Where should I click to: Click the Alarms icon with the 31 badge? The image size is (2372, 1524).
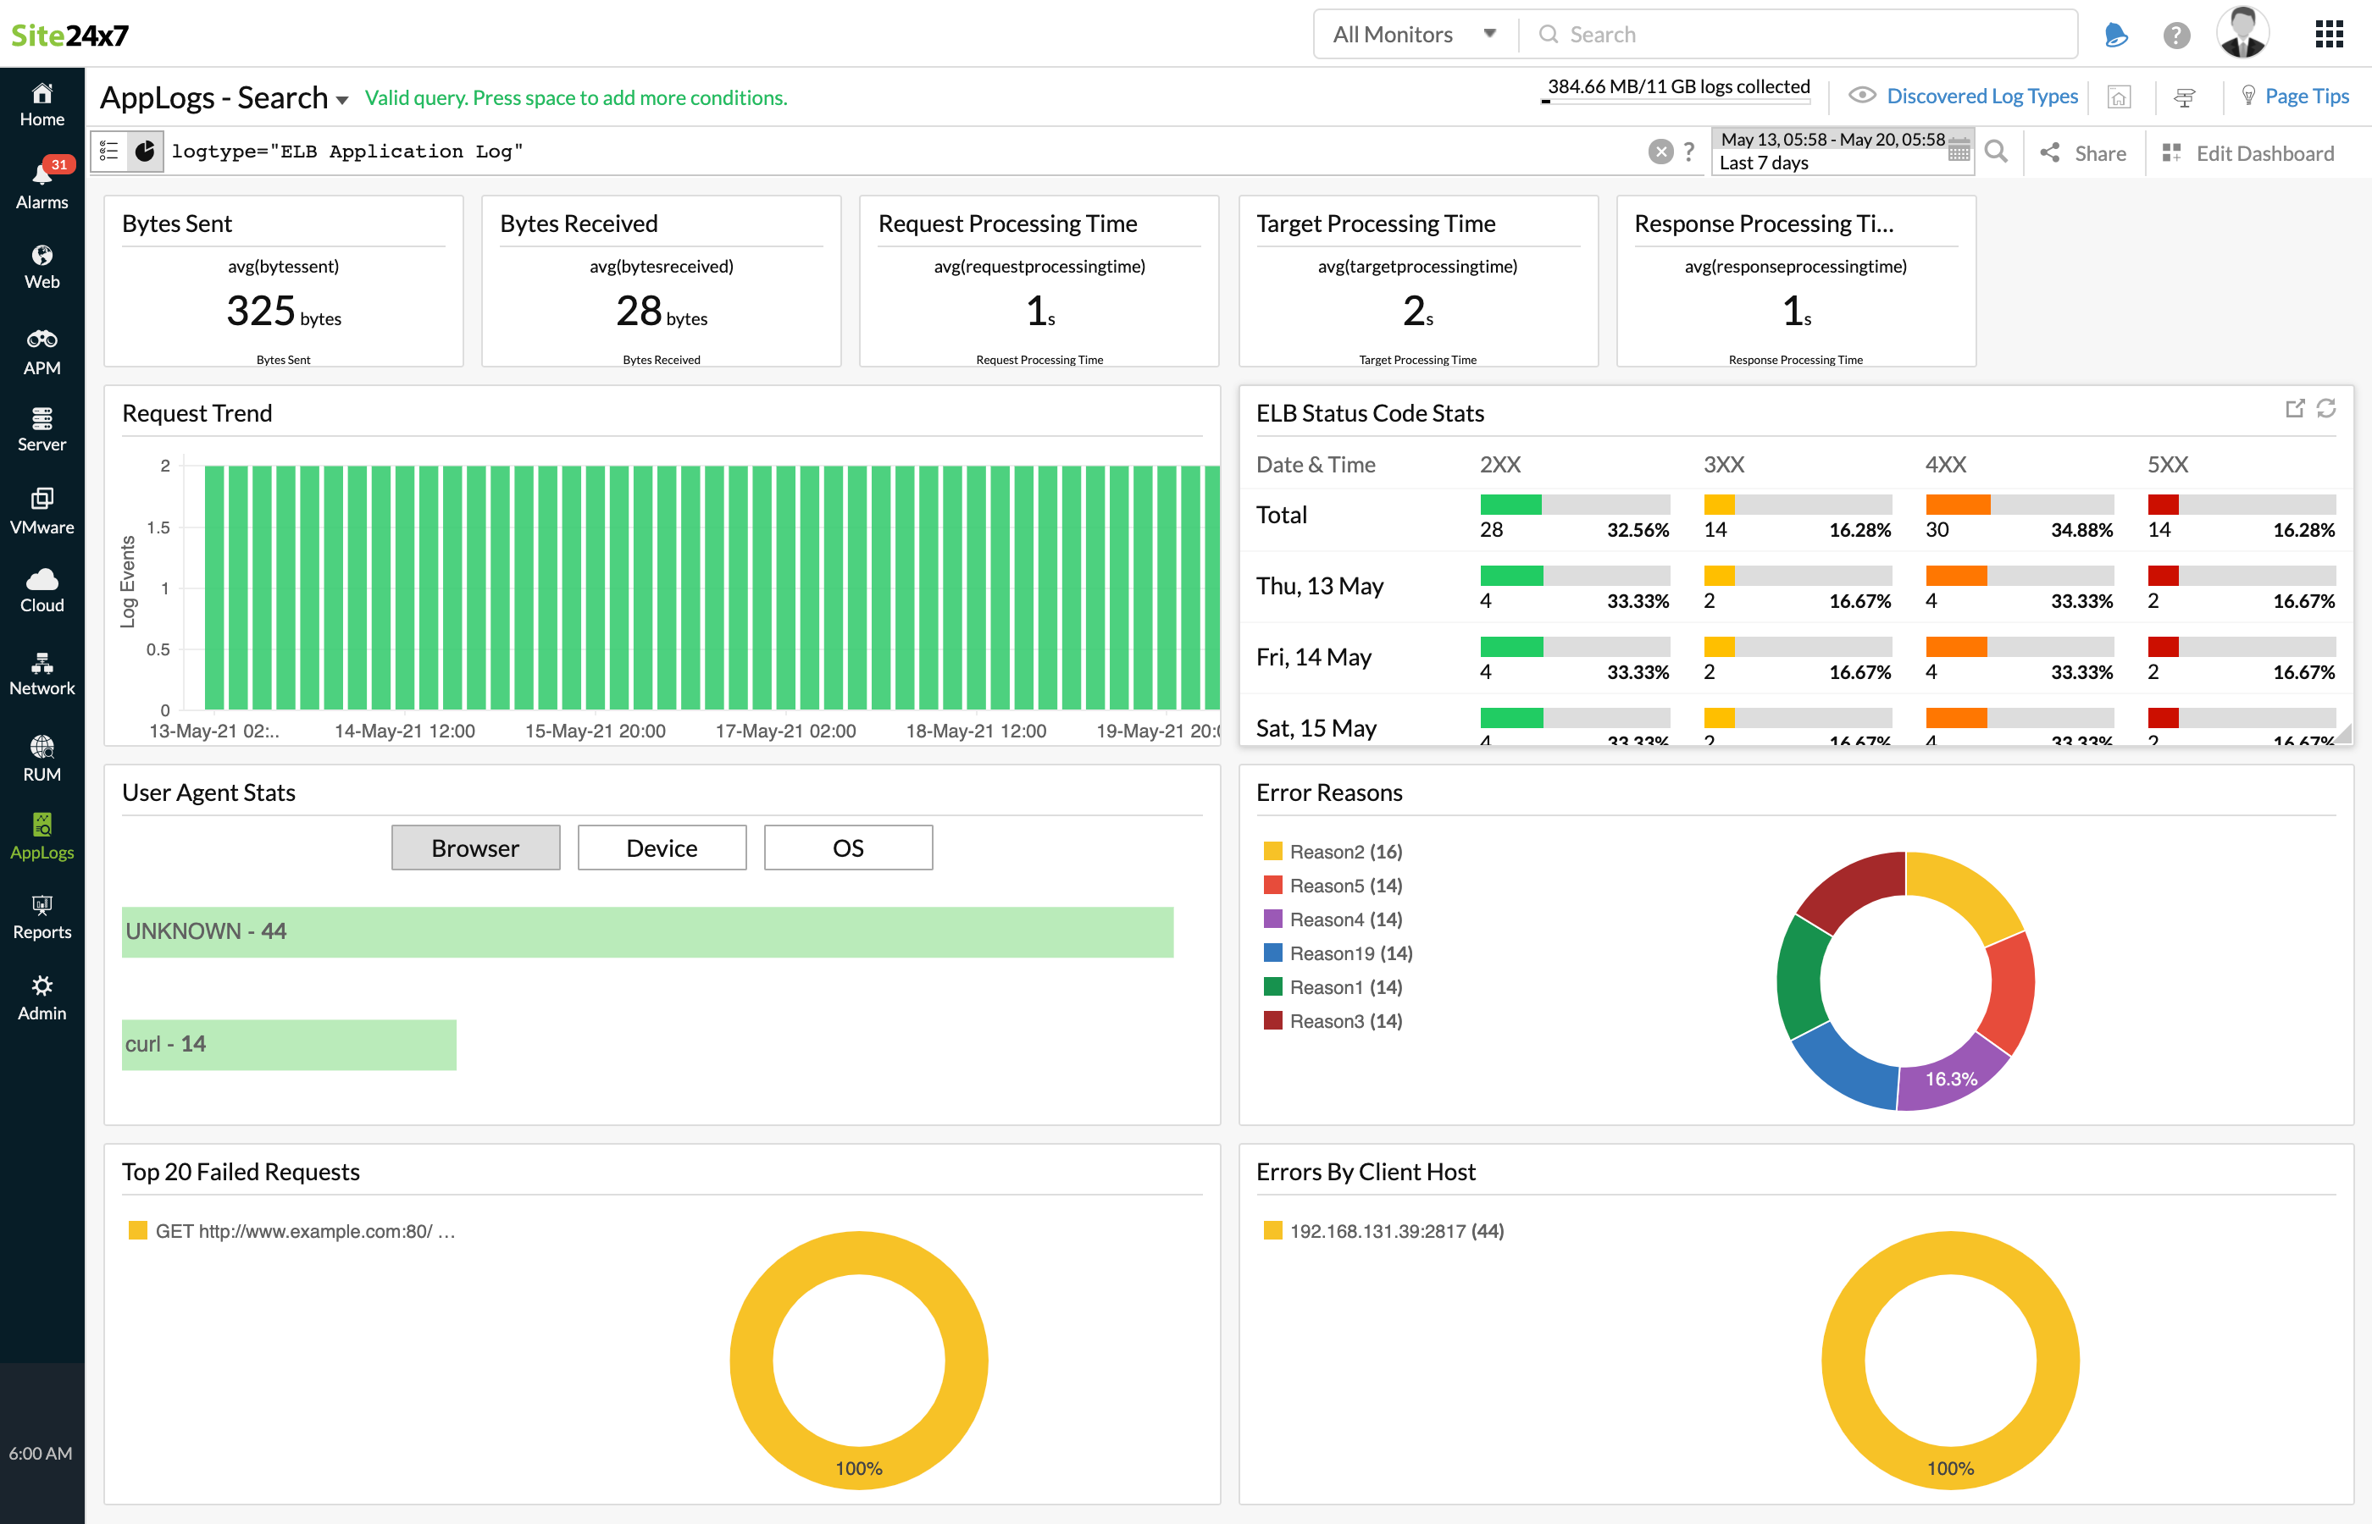[42, 183]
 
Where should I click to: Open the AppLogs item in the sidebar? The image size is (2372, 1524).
[42, 837]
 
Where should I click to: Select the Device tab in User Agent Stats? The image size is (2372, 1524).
[662, 848]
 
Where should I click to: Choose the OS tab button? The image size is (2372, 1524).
[847, 848]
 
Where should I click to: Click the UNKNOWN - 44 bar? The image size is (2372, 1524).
[646, 931]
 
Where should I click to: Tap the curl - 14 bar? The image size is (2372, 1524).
[288, 1044]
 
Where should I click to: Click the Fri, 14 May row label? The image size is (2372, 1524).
[1313, 657]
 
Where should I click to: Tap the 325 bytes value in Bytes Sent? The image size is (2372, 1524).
[283, 312]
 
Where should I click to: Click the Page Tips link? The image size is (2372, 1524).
[2306, 96]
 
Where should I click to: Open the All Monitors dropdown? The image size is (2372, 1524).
[1414, 35]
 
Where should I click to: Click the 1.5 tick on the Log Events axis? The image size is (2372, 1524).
[158, 527]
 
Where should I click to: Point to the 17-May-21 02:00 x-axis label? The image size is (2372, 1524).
[785, 732]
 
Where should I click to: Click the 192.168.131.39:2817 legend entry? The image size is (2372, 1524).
[1395, 1231]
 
